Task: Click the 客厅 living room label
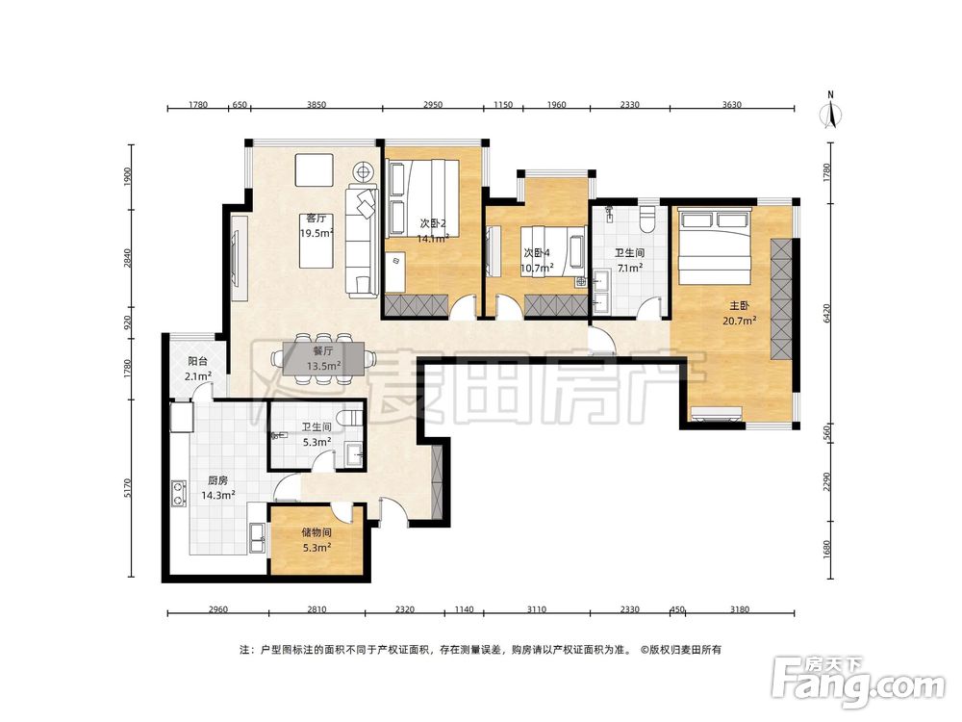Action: pos(316,219)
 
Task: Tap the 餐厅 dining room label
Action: pos(323,351)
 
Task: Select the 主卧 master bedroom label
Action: pos(739,306)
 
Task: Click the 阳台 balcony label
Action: pos(197,362)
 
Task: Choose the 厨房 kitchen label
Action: pos(217,480)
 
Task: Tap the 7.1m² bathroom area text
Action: pos(630,268)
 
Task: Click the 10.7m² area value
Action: pos(537,268)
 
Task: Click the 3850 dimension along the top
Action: pos(316,104)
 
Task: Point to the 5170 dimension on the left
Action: pos(128,488)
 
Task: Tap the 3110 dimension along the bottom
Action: pos(536,609)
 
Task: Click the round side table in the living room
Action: pos(363,170)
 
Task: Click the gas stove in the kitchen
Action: pos(179,494)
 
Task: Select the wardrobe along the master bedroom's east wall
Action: pos(781,299)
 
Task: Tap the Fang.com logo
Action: pos(858,683)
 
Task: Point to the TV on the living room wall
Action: pos(236,258)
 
